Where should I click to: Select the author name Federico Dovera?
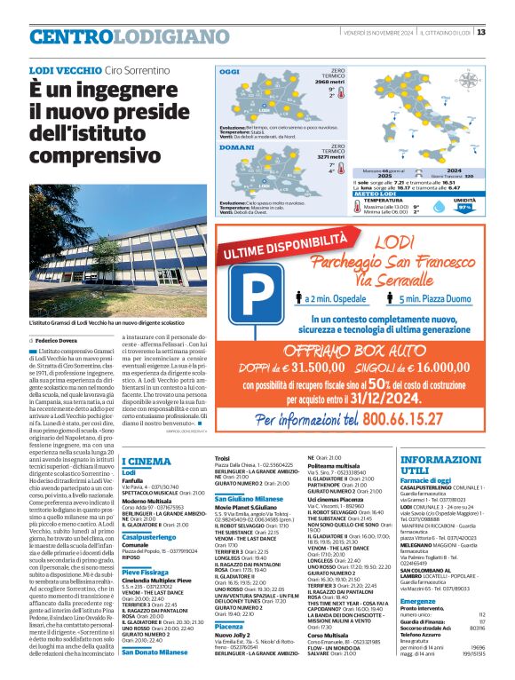tap(58, 340)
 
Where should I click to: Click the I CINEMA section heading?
tap(146, 461)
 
